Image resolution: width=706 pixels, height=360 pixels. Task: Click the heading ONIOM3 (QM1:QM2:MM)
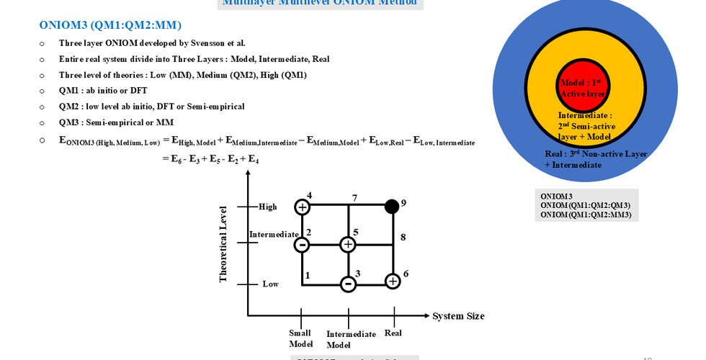[110, 25]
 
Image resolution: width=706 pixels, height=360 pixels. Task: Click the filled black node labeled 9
[392, 207]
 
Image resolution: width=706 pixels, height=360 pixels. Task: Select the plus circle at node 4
[303, 207]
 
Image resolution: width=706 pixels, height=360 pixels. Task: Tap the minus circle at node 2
[303, 246]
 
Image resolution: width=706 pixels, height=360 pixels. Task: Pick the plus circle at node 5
[348, 245]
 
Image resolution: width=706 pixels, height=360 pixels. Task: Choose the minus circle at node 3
[348, 284]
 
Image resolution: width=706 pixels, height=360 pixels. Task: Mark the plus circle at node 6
[393, 281]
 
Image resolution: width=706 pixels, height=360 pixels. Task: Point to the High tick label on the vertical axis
[267, 207]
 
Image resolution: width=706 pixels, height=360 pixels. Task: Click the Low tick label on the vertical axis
[270, 284]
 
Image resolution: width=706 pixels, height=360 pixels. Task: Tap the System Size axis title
[458, 316]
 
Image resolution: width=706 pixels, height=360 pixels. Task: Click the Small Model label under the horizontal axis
[300, 338]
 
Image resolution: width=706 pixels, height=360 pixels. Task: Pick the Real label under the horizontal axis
[393, 333]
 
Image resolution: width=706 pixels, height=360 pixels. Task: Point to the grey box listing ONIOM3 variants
[585, 205]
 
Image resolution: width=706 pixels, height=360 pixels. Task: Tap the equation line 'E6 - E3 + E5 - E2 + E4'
[210, 158]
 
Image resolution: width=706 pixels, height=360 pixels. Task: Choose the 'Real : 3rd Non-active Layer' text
[596, 154]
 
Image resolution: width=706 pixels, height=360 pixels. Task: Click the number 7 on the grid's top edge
[354, 198]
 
